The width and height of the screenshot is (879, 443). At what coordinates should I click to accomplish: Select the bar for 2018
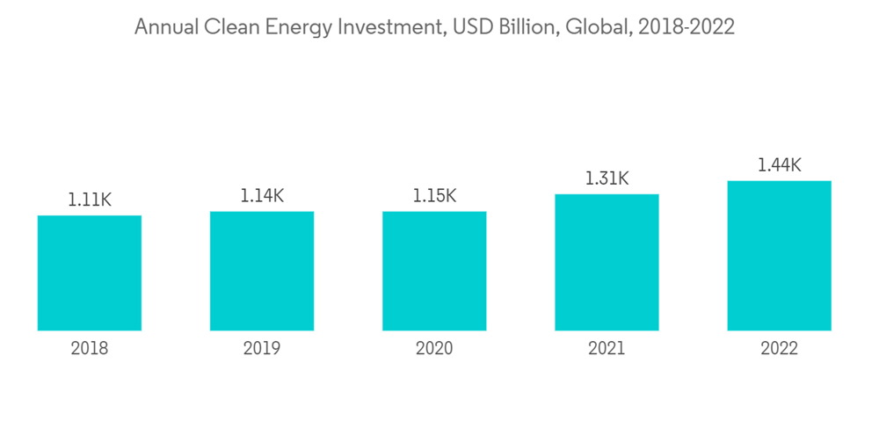90,272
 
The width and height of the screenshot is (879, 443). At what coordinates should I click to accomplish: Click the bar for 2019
262,271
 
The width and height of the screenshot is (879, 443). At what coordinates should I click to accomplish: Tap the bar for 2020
434,271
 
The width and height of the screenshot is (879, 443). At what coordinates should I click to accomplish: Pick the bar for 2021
607,262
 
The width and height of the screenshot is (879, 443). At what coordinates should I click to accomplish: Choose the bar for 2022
779,256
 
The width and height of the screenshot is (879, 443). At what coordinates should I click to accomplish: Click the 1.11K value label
90,200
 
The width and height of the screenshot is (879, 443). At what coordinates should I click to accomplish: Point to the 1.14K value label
262,196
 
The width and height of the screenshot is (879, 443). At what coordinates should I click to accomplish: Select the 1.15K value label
434,196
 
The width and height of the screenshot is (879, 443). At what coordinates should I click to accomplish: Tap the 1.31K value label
607,178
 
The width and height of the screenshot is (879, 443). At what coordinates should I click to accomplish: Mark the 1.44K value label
779,165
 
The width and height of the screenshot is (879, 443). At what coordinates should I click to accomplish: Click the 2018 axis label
90,349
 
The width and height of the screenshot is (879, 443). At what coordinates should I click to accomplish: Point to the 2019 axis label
262,349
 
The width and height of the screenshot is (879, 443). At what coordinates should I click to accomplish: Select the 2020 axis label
434,349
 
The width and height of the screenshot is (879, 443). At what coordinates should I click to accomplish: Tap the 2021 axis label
607,349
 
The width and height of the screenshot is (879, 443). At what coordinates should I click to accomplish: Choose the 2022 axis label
779,349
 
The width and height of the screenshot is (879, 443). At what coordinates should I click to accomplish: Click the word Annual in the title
165,28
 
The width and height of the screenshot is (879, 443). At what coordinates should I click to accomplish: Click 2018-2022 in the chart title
686,28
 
